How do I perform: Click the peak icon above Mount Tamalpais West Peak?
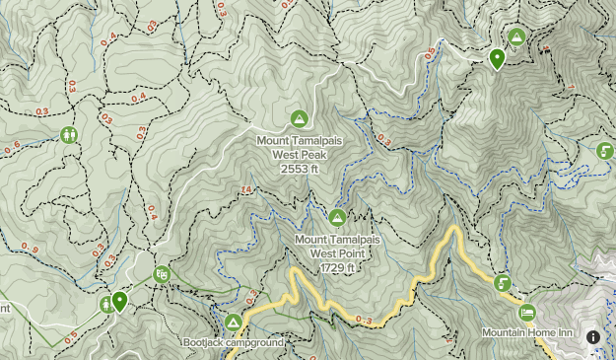pyautogui.click(x=299, y=119)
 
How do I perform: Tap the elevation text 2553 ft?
pyautogui.click(x=299, y=169)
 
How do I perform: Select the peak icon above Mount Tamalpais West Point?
pyautogui.click(x=337, y=217)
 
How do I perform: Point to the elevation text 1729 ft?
pyautogui.click(x=337, y=267)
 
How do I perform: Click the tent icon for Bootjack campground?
pyautogui.click(x=233, y=323)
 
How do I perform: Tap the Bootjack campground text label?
pyautogui.click(x=233, y=343)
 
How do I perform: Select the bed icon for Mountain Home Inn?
pyautogui.click(x=526, y=312)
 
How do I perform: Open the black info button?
pyautogui.click(x=592, y=337)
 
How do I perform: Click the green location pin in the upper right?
pyautogui.click(x=498, y=59)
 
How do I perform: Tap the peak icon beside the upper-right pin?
pyautogui.click(x=516, y=37)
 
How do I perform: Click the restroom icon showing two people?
pyautogui.click(x=69, y=134)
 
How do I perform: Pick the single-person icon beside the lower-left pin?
pyautogui.click(x=105, y=305)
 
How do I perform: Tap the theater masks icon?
pyautogui.click(x=163, y=274)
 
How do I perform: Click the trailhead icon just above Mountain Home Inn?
pyautogui.click(x=503, y=283)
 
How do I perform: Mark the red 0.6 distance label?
pyautogui.click(x=12, y=149)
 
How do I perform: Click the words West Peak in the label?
pyautogui.click(x=299, y=155)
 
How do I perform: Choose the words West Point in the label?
pyautogui.click(x=337, y=253)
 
